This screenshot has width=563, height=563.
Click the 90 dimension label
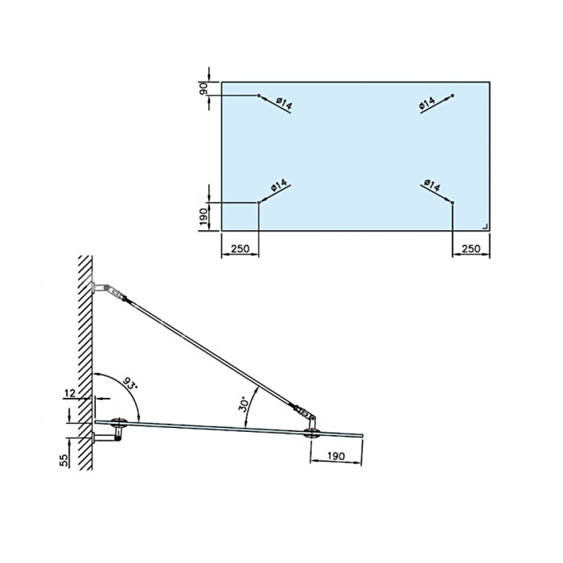(203, 88)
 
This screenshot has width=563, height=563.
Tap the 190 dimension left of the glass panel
(203, 217)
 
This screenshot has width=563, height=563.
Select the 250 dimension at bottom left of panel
(240, 249)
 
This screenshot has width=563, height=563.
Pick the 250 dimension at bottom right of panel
(471, 249)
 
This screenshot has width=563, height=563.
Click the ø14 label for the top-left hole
(285, 104)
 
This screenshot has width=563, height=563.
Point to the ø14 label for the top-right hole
(427, 103)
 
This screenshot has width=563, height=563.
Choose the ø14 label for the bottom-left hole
(279, 186)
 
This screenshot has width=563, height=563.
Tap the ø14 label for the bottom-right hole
(432, 185)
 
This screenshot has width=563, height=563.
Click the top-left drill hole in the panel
(258, 96)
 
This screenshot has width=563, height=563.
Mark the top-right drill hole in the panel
(452, 96)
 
